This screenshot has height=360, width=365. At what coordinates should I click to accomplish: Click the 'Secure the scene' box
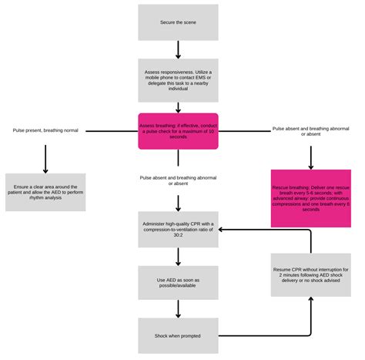pos(178,22)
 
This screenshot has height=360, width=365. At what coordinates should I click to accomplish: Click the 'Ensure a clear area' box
pos(45,193)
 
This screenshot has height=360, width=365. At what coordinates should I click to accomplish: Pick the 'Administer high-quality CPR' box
pos(178,229)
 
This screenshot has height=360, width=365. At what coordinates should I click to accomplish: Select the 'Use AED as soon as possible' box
pos(178,283)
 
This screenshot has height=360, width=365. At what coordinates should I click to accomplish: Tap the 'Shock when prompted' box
pos(178,335)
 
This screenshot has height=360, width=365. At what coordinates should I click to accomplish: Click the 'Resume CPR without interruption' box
pos(310,275)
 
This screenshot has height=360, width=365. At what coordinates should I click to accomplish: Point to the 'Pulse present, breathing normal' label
pos(45,131)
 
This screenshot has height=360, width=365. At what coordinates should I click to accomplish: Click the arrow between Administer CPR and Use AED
pos(178,256)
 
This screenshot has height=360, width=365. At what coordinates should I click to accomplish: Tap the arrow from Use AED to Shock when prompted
pos(178,309)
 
